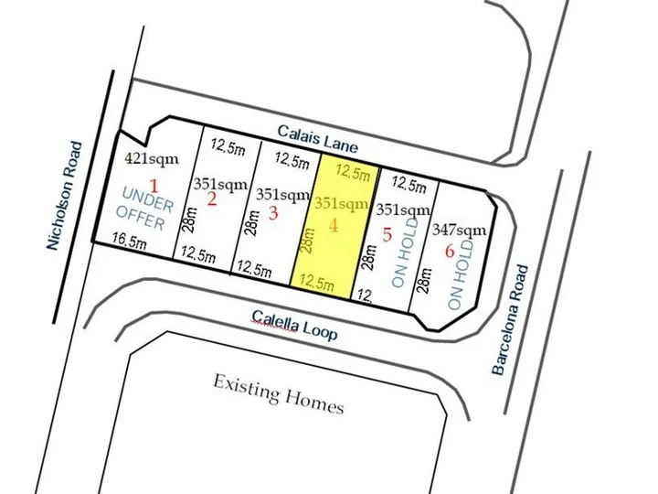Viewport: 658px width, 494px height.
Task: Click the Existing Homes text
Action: (278, 392)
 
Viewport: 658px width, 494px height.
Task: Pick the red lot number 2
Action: (211, 199)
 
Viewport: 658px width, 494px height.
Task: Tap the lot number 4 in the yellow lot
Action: (333, 225)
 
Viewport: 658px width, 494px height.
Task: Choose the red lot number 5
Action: (387, 235)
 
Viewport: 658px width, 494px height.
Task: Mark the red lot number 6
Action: (449, 250)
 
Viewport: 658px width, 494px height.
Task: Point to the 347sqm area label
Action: (459, 229)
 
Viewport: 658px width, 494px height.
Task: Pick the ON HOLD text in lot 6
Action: (466, 272)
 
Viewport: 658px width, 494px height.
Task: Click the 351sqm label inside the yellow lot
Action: (342, 203)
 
